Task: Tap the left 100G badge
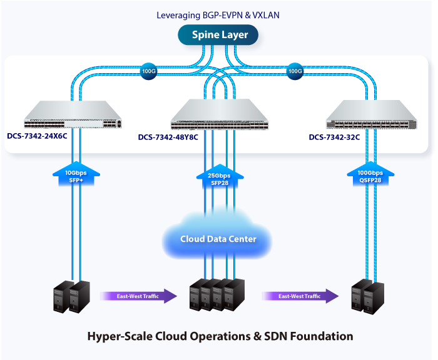click(x=148, y=71)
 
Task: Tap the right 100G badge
click(x=295, y=71)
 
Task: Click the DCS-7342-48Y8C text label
click(x=168, y=137)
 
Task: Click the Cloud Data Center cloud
click(x=218, y=238)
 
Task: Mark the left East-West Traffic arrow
click(x=138, y=296)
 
